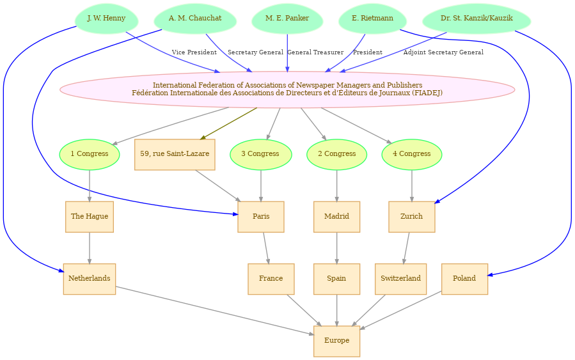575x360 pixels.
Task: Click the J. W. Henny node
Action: point(106,19)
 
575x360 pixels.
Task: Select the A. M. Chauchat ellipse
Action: point(195,19)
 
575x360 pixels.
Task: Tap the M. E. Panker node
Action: point(287,19)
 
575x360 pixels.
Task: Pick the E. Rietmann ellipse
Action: point(373,19)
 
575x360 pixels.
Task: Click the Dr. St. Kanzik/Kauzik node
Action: point(477,19)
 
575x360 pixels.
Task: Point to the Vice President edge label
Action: point(194,52)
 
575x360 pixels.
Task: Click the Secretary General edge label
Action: point(256,52)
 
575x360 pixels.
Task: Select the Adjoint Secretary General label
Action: point(443,52)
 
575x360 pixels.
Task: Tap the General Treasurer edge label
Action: point(315,52)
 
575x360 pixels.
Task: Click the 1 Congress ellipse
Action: point(90,154)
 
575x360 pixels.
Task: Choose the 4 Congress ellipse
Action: point(412,154)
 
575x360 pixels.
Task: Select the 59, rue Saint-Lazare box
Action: point(175,154)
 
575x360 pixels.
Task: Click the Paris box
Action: point(261,217)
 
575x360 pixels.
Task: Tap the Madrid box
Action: point(336,217)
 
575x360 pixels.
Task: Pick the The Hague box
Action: point(90,217)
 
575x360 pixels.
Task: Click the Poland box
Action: point(464,279)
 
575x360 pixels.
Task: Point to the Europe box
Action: point(336,341)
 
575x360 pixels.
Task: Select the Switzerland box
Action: point(401,279)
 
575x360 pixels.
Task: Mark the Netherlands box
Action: point(90,279)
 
